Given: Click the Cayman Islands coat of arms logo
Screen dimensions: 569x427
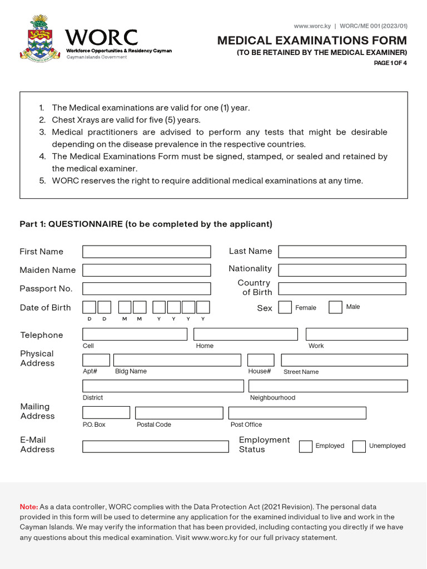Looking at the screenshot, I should tap(39, 39).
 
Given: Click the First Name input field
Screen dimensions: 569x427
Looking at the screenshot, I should tap(147, 252).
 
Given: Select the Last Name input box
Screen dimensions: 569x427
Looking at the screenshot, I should tap(342, 252).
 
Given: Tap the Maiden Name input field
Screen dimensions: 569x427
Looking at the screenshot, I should tap(147, 270).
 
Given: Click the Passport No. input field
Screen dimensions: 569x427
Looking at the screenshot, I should tap(147, 288).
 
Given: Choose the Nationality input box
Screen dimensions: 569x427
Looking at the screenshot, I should tap(342, 270).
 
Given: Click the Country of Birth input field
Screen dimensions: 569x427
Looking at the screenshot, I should tap(342, 288).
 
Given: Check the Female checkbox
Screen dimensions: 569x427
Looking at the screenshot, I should tap(285, 307).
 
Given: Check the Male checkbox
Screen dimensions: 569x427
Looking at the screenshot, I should tap(335, 307).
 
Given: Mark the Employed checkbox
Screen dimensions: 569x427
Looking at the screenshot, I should tap(306, 446).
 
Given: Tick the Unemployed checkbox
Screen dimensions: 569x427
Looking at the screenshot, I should tap(359, 446).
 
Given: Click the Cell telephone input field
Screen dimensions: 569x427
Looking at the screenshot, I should tap(135, 334).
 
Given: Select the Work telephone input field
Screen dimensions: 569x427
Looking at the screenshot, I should tap(356, 334).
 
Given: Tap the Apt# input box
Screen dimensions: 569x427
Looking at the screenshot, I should tap(96, 360).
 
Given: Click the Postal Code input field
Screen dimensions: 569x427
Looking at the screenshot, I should tap(179, 413).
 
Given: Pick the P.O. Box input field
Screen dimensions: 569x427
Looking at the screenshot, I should tap(106, 413).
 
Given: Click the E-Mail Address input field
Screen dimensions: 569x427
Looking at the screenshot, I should tap(156, 446).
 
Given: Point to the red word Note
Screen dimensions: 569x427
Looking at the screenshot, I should tap(28, 507).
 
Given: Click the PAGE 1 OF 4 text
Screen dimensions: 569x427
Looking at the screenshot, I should tap(390, 63).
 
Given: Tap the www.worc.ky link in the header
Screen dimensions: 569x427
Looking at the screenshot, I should tap(311, 26).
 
